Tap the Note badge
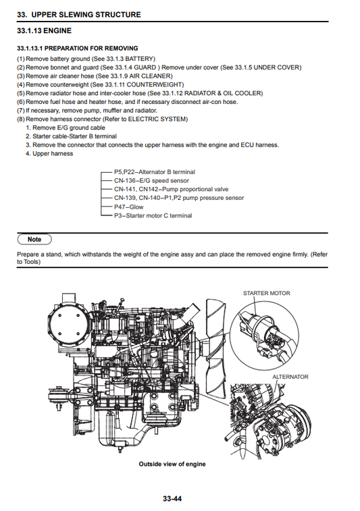[34, 239]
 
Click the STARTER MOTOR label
[265, 294]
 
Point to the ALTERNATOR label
[290, 377]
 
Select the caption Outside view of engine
[172, 464]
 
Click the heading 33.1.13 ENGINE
[44, 30]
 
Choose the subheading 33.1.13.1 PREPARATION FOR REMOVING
[77, 49]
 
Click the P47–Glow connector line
[128, 207]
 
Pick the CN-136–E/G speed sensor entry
[151, 181]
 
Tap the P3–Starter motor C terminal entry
[153, 216]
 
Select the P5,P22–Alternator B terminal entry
[154, 172]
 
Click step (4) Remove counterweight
[100, 84]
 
